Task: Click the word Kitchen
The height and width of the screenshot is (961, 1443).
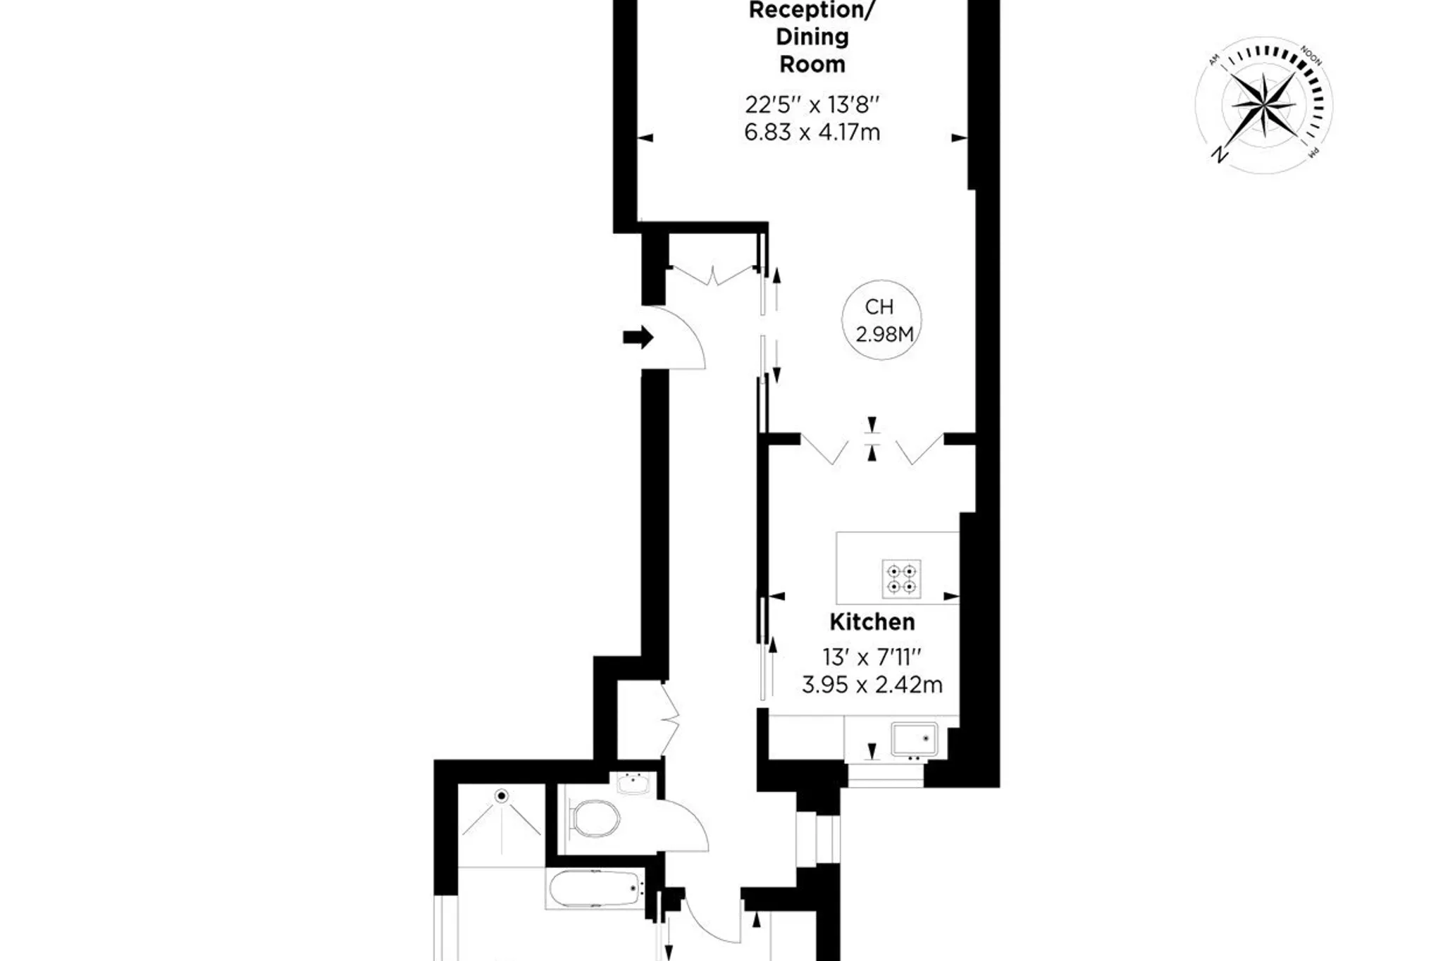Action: (x=872, y=622)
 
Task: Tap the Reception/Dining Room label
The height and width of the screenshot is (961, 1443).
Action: (x=812, y=37)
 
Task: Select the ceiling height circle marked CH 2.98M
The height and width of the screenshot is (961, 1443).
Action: (x=881, y=320)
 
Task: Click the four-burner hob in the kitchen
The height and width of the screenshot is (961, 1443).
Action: (x=901, y=578)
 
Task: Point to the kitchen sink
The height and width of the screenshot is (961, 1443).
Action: (x=914, y=738)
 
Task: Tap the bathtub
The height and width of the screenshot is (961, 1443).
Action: (x=596, y=890)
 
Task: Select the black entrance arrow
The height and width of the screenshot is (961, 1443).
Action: (x=638, y=337)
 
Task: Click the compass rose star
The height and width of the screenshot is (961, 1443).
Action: (x=1263, y=105)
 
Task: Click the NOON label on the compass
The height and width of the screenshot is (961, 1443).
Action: (x=1311, y=56)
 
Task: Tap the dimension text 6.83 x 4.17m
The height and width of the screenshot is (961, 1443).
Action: (x=812, y=132)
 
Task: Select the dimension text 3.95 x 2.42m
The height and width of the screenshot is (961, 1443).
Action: (x=872, y=685)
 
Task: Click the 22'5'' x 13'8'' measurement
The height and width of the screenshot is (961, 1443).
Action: (x=812, y=105)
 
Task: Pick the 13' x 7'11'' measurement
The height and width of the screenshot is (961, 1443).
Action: (x=872, y=657)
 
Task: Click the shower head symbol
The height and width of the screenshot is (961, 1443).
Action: (x=502, y=796)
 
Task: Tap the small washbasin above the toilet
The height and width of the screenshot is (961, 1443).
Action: (x=633, y=783)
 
